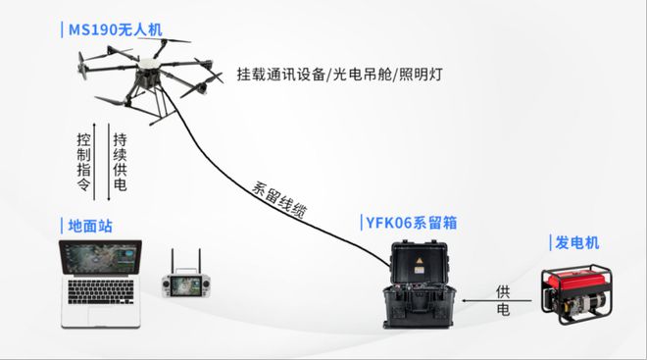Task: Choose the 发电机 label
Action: (577, 242)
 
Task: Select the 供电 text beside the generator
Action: (503, 299)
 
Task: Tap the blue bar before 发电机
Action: (550, 242)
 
